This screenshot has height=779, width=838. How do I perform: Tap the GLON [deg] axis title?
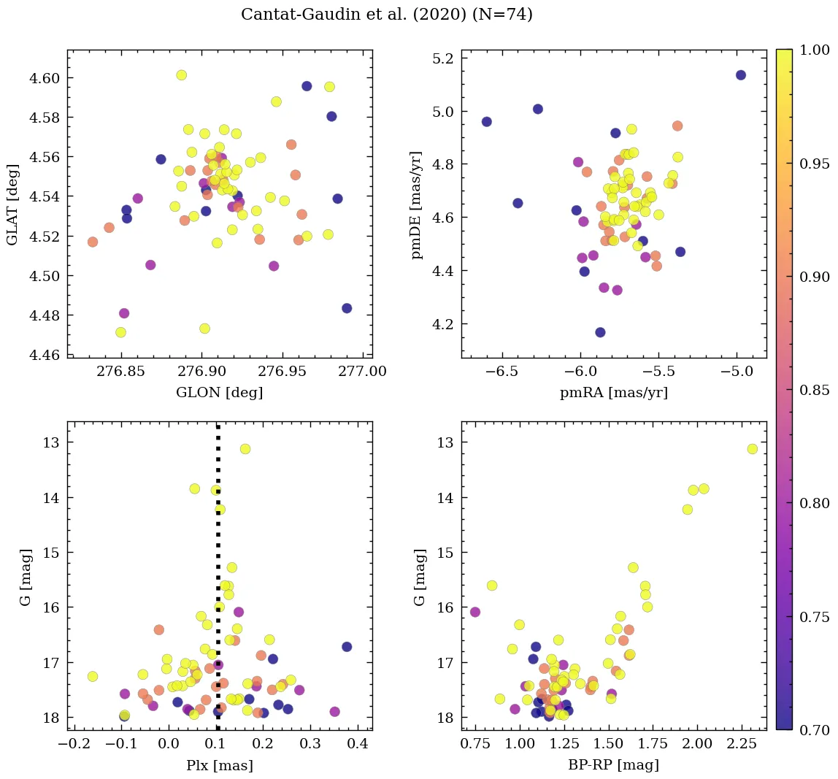pos(220,393)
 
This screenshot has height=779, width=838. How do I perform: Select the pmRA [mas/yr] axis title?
pos(613,393)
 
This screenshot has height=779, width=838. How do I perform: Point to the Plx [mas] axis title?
pos(220,765)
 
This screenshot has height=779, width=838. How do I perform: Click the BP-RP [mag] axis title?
pos(613,765)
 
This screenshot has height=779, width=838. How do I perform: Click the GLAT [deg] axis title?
pos(12,204)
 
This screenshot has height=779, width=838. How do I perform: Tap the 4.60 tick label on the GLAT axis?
pos(45,78)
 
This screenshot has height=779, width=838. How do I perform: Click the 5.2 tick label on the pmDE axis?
pos(445,58)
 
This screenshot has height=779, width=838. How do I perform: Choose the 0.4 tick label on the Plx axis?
pos(357,745)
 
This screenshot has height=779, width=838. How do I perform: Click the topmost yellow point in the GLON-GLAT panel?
pos(182,75)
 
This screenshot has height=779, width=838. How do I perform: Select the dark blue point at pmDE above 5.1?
pos(741,75)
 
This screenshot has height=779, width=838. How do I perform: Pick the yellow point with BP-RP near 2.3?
pos(753,449)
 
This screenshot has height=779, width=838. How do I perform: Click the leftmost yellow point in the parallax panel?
pos(93,677)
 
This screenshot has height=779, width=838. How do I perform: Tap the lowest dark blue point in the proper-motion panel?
pos(600,332)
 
